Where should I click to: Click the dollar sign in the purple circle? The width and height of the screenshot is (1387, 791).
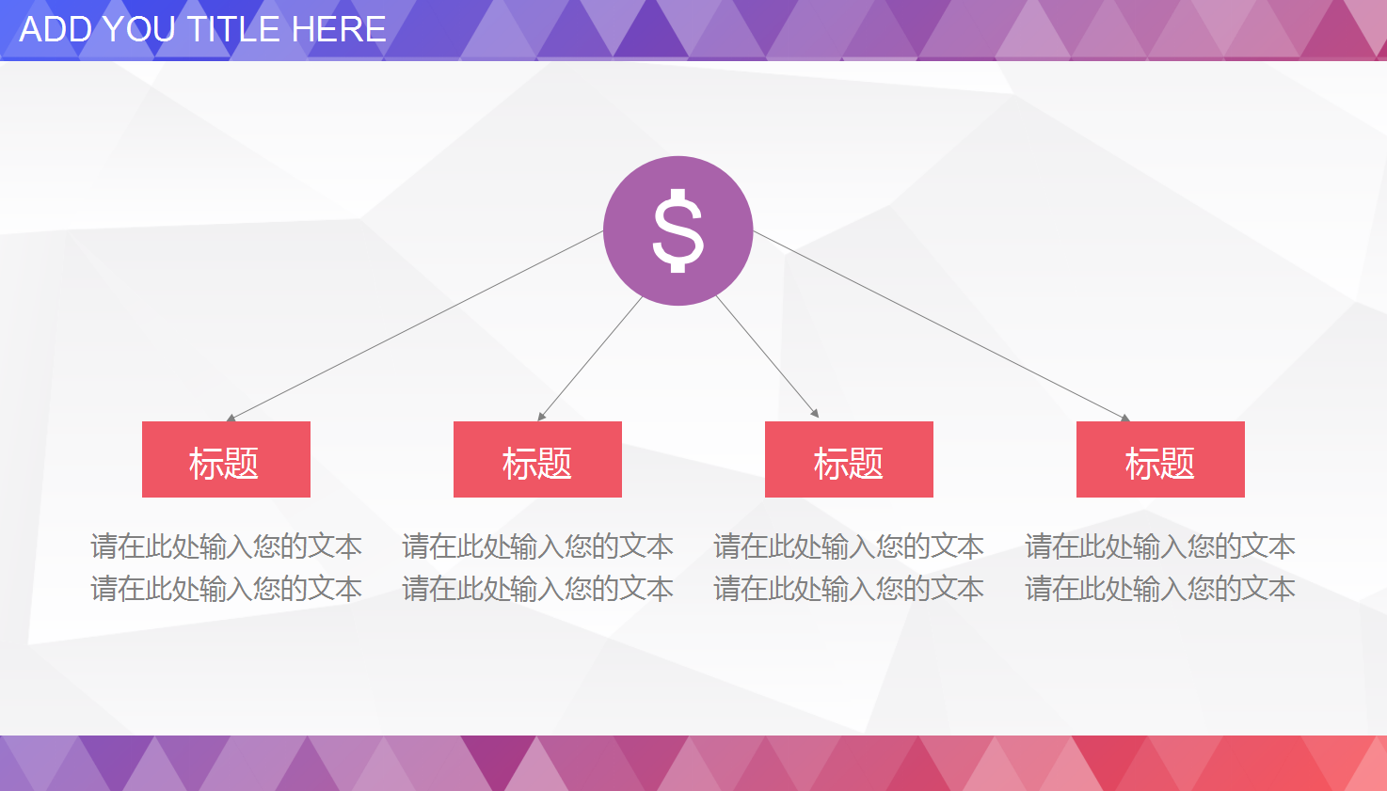pos(678,230)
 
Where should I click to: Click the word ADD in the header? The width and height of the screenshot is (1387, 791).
pos(55,29)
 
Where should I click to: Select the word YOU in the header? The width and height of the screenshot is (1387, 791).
pos(136,29)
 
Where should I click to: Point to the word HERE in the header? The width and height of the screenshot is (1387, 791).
pos(339,29)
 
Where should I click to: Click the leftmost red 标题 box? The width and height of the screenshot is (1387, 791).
pos(226,459)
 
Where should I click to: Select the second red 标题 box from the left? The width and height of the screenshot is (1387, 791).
pos(537,459)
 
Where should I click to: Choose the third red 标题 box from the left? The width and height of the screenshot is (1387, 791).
pos(849,459)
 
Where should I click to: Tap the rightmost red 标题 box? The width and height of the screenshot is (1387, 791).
pos(1160,459)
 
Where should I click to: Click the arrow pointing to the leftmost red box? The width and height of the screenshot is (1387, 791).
pos(414,325)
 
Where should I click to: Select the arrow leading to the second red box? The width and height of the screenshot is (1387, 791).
pos(590,358)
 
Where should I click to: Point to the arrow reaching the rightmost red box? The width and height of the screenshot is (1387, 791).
pos(941,325)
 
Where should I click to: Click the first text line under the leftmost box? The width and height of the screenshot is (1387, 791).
pos(226,546)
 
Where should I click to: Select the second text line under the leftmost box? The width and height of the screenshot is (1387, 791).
pos(226,589)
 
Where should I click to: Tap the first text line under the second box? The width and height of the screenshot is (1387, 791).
pos(537,546)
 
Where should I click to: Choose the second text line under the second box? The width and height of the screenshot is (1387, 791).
pos(537,589)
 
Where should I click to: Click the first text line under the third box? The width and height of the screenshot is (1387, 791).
pos(849,546)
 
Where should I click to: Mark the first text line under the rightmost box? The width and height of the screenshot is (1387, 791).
pos(1160,546)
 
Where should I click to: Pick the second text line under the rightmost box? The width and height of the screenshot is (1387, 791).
pos(1160,589)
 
